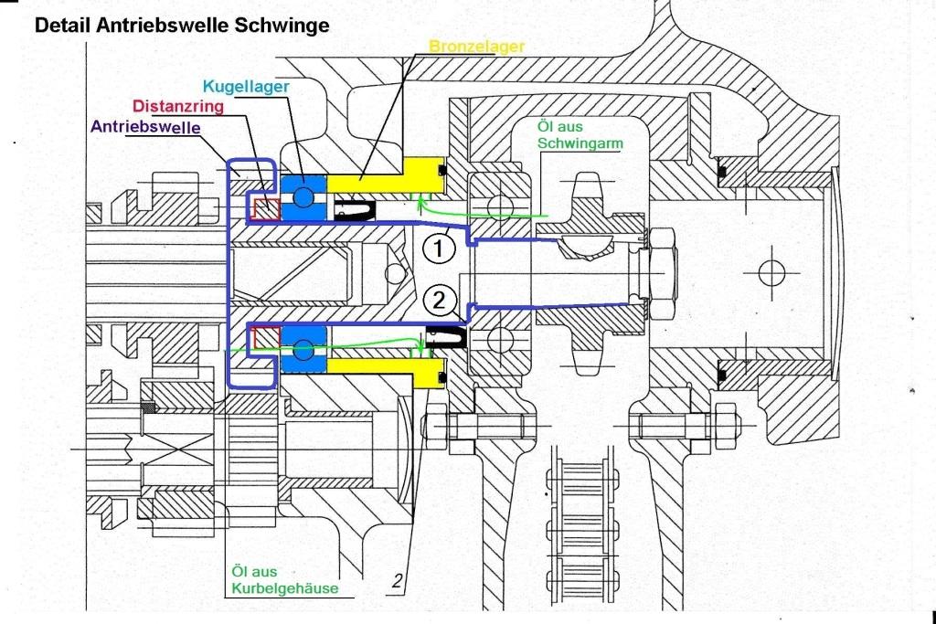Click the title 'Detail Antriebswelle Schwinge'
[181, 26]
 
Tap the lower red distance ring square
[266, 336]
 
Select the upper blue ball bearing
[303, 197]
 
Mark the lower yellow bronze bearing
[384, 368]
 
